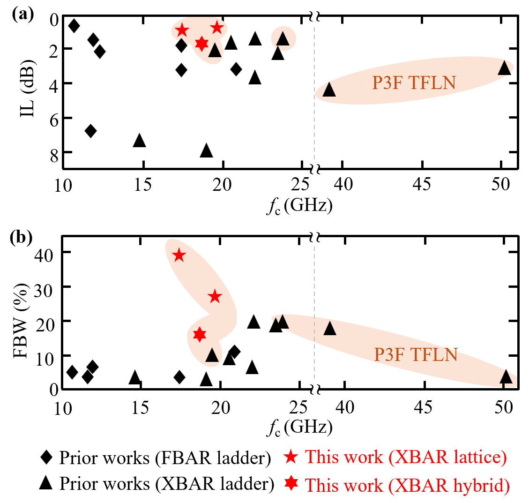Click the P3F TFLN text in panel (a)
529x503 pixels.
tap(414, 83)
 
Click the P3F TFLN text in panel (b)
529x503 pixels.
tap(416, 354)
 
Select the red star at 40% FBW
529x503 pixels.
tap(179, 255)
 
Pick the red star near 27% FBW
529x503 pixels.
tap(215, 297)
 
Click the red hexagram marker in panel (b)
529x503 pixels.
tap(200, 334)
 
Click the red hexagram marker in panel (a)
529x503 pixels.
tap(201, 44)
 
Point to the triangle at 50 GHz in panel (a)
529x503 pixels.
tap(504, 68)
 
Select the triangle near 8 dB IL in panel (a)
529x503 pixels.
tap(206, 151)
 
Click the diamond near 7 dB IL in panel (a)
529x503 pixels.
tap(91, 131)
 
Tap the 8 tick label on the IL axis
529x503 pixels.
tap(54, 153)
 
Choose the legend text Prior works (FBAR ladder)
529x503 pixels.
tap(164, 458)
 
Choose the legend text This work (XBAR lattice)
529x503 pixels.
tap(405, 457)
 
